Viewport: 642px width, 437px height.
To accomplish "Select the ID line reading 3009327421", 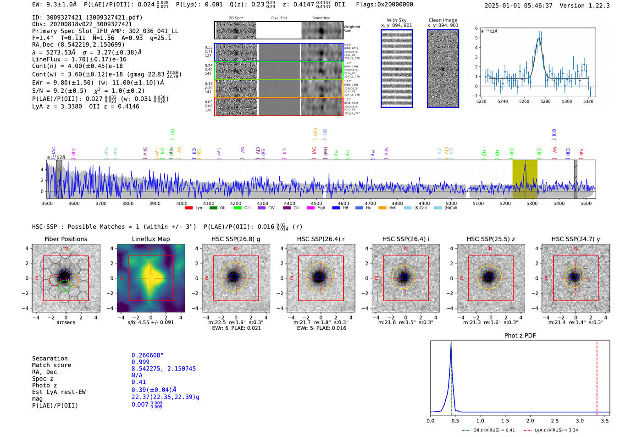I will [x=87, y=17].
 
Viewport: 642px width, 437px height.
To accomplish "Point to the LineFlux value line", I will [x=79, y=59].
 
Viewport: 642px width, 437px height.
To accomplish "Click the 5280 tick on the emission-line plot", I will [x=545, y=101].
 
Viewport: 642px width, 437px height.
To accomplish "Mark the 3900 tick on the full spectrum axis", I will [x=155, y=203].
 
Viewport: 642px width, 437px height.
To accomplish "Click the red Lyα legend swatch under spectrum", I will [x=188, y=208].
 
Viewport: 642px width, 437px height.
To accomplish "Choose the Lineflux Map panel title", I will [x=151, y=239].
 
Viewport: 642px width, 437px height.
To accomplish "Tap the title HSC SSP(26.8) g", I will [x=236, y=239].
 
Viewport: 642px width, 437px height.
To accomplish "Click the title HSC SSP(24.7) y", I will [x=576, y=239].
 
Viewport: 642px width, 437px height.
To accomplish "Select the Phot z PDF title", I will [x=520, y=336].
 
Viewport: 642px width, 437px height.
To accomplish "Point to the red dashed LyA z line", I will [x=597, y=376].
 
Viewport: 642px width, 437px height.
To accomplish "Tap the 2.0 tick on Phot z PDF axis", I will [x=530, y=420].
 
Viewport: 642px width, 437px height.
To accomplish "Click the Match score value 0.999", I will [x=140, y=362].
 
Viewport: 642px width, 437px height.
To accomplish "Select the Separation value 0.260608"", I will [x=147, y=355].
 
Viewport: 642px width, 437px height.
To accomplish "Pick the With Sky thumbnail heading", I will [x=397, y=20].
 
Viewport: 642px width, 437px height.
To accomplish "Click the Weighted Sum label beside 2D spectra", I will [x=352, y=29].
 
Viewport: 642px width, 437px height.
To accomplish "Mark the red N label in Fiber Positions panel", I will [x=66, y=249].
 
